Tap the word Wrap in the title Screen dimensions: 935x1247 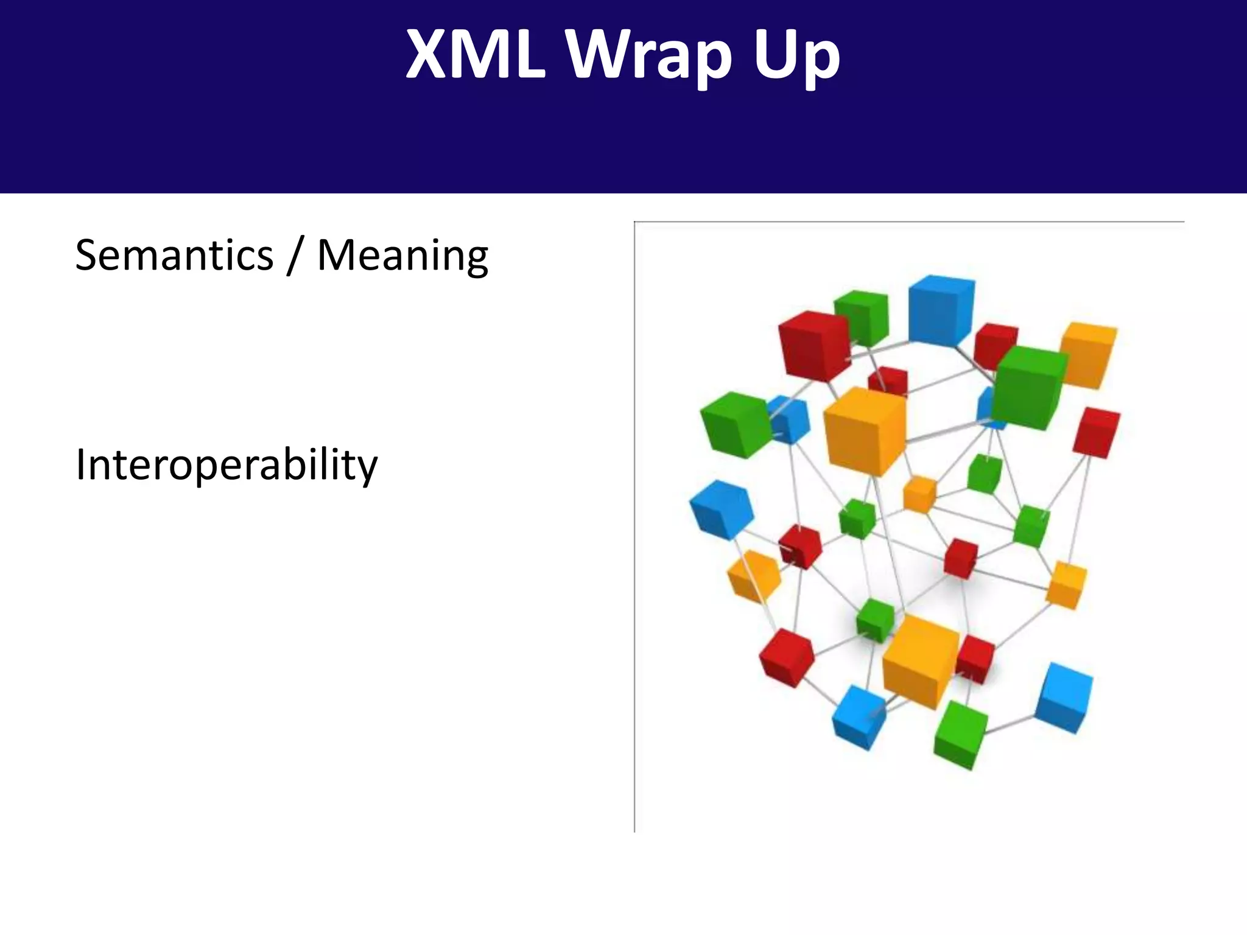[649, 58]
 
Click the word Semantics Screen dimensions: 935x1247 [174, 255]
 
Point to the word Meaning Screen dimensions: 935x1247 [402, 256]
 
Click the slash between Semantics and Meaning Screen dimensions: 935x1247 [295, 256]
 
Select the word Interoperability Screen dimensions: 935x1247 [227, 465]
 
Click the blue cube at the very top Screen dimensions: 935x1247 [940, 310]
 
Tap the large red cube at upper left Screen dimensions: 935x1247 [813, 346]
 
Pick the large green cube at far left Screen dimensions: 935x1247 [735, 424]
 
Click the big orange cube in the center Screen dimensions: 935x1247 [864, 430]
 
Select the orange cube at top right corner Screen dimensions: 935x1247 [1089, 355]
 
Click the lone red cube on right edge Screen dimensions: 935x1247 [1096, 432]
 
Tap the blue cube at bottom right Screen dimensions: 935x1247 [1064, 698]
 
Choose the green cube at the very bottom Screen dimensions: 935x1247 [960, 735]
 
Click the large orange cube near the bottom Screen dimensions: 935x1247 [919, 661]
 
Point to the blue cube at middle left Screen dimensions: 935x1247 [721, 509]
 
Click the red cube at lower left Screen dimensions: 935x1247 [786, 657]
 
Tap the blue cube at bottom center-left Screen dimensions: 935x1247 [859, 716]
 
